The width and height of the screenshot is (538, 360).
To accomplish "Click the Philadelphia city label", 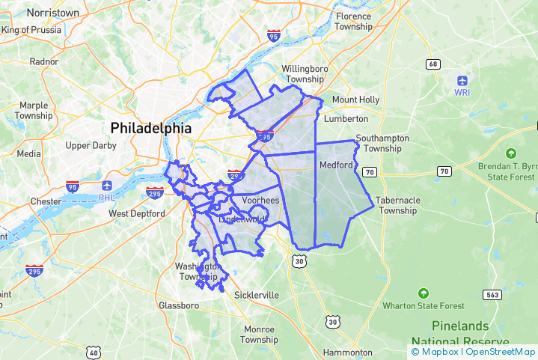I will tap(150, 128).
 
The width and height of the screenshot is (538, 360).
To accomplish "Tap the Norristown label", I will tap(52, 13).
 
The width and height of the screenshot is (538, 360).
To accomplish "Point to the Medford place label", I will tap(335, 165).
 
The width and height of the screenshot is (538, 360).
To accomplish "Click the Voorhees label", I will tap(260, 201).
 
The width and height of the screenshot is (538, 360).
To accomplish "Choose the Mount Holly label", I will tap(355, 100).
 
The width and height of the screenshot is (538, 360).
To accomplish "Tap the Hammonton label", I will tap(347, 352).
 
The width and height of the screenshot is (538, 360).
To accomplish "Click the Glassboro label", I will tap(179, 305).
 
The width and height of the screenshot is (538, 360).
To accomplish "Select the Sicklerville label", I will tap(256, 295).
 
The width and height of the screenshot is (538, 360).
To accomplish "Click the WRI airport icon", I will tap(462, 79).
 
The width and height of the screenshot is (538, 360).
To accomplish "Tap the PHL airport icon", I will tap(107, 186).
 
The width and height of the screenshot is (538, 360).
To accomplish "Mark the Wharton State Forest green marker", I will tap(424, 293).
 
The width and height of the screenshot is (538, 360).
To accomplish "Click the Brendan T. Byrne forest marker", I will tap(512, 153).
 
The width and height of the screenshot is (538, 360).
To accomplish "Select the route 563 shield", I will tap(492, 295).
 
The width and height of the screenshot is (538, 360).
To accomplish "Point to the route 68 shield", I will tap(432, 64).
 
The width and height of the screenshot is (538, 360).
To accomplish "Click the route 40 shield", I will tap(94, 352).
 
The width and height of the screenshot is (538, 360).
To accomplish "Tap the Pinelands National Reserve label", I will tap(460, 333).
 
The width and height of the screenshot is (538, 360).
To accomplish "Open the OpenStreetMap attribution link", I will tap(500, 352).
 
